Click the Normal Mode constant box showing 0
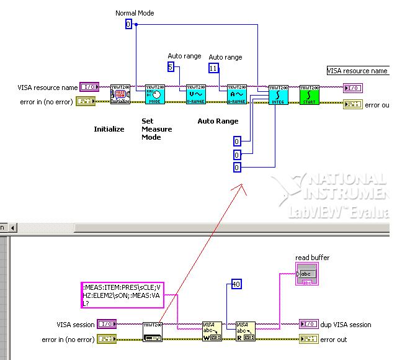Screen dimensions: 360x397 128,24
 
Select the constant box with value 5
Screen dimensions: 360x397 171,67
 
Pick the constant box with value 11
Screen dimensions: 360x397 213,68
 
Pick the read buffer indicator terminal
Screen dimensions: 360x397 306,273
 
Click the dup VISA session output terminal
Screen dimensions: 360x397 308,324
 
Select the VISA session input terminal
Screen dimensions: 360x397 107,324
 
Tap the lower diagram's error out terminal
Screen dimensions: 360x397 308,339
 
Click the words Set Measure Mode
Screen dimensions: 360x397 152,129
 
